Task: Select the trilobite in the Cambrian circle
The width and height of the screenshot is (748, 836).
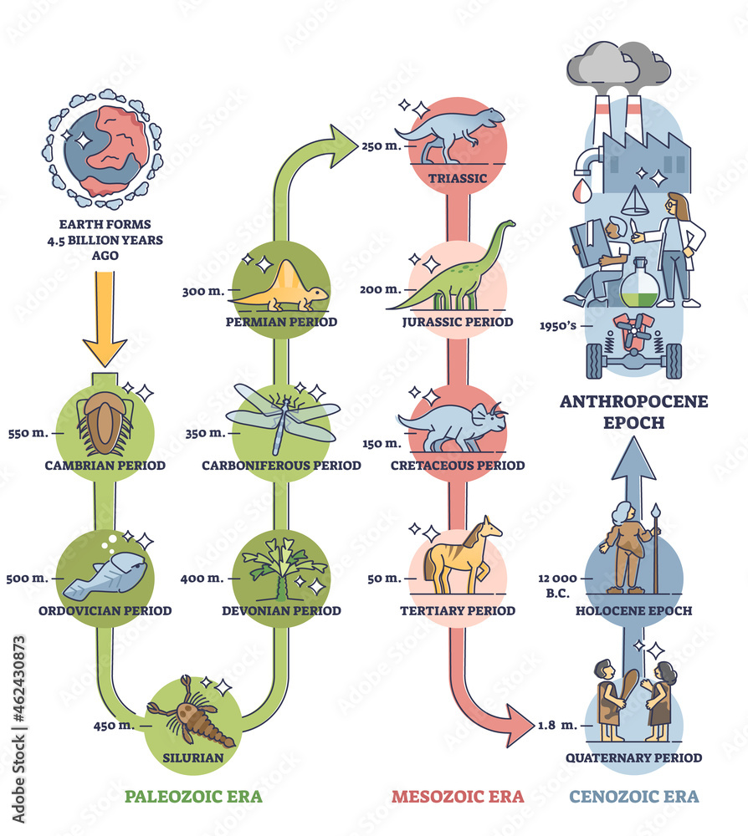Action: pyautogui.click(x=104, y=422)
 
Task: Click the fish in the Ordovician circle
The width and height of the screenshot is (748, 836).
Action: pyautogui.click(x=106, y=575)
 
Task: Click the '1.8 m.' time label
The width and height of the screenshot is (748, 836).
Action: pyautogui.click(x=556, y=725)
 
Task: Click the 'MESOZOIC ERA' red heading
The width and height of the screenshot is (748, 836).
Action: pyautogui.click(x=458, y=796)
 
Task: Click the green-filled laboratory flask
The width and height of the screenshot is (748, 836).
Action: pyautogui.click(x=639, y=286)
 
